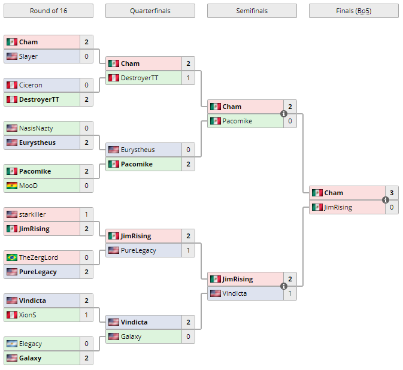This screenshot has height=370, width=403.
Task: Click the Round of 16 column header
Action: click(48, 11)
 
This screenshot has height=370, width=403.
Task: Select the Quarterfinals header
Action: click(150, 11)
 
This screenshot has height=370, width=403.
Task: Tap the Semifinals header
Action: click(252, 11)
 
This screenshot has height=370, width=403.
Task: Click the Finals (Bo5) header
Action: click(353, 11)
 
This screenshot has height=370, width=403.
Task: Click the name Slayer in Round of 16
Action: click(28, 56)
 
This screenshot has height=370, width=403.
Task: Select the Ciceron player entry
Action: click(31, 85)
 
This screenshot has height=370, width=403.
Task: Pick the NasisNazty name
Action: click(35, 128)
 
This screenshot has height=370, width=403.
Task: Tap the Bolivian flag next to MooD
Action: click(11, 186)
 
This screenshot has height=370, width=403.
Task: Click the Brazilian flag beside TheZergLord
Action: click(11, 257)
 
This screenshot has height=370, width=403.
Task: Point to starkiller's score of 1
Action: click(86, 214)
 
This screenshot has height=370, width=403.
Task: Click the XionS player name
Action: click(29, 315)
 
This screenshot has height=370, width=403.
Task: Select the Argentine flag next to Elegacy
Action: click(11, 344)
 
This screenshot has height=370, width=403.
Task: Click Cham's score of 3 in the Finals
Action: click(392, 193)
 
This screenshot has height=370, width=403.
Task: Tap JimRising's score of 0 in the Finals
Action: click(392, 207)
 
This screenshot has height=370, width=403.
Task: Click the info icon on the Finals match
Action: click(386, 200)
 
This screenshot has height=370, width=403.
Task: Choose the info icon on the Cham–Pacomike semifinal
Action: click(284, 114)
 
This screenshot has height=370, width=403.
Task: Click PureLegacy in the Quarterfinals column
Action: click(138, 250)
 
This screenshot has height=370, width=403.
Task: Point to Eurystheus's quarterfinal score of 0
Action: click(188, 150)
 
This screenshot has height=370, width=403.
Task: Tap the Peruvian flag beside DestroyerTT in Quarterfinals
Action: click(113, 78)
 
